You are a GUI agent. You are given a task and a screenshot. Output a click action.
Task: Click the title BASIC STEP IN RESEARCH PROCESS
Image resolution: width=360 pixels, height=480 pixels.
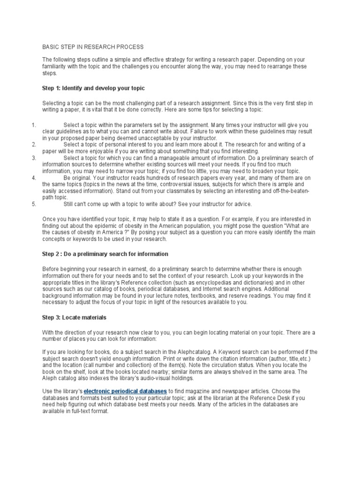(x=93, y=47)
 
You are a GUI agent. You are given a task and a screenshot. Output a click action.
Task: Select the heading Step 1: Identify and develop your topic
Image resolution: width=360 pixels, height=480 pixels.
(x=94, y=88)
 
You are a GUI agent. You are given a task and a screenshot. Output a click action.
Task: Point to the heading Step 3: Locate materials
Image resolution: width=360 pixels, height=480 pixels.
(x=75, y=317)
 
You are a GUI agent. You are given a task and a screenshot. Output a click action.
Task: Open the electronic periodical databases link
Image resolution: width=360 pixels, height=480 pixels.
(x=125, y=390)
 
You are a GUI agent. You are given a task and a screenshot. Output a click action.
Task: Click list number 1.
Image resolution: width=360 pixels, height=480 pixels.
(x=33, y=125)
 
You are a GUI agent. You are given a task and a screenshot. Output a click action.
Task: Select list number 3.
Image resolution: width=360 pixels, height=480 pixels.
(x=33, y=158)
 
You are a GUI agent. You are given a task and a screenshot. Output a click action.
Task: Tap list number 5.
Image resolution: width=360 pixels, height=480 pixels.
(x=33, y=204)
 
